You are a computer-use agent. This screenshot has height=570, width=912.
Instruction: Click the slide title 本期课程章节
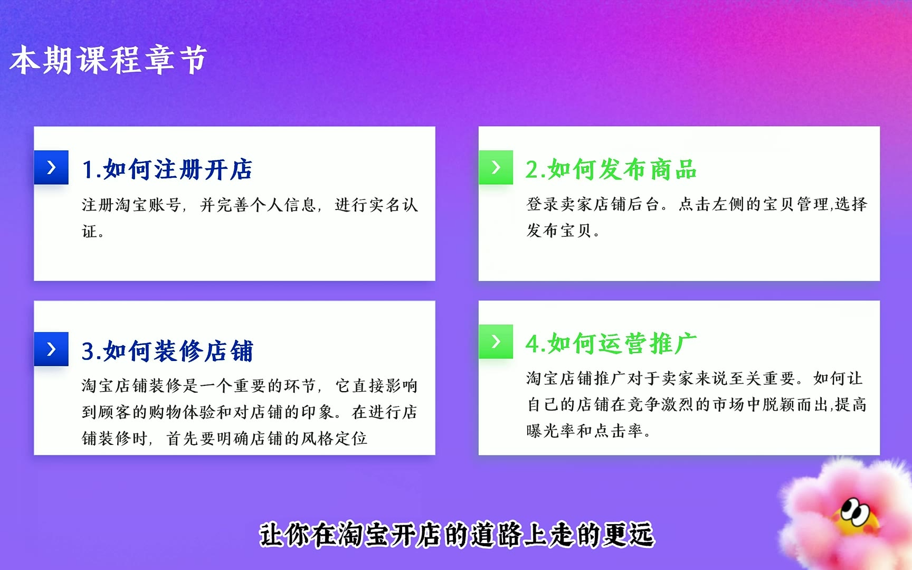pos(108,60)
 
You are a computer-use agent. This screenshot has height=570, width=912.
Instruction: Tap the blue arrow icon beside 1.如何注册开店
pos(51,167)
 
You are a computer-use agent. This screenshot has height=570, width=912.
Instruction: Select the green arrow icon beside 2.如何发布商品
pos(496,167)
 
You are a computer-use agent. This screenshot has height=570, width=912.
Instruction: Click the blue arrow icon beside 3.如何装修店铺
pos(51,349)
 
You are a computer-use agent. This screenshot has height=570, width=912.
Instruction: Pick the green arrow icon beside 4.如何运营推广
pos(496,341)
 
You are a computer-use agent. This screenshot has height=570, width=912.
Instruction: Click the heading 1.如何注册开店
pos(167,169)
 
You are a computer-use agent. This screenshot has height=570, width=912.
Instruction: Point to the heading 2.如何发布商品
pos(611,169)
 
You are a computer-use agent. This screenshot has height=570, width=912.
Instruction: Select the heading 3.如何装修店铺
pos(167,351)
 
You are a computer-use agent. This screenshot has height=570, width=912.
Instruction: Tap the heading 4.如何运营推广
pos(611,344)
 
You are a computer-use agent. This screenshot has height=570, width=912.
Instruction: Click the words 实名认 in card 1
pos(394,205)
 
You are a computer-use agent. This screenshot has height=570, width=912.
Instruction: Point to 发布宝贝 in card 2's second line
pos(559,231)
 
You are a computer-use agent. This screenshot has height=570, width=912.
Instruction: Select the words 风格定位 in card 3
pos(334,439)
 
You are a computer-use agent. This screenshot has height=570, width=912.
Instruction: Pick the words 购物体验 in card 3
pos(182,412)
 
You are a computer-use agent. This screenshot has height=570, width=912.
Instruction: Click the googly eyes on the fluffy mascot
pos(856,511)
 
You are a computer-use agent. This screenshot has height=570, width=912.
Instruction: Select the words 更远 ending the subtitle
pos(629,535)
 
